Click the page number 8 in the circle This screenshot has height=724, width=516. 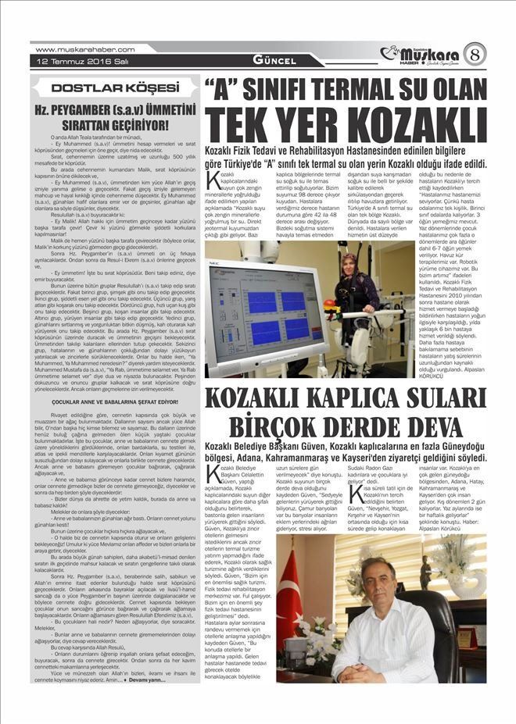476,54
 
